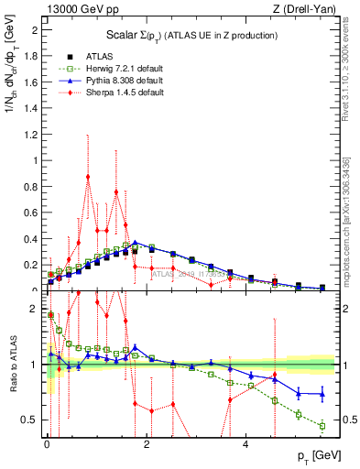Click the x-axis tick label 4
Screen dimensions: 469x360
[245, 445]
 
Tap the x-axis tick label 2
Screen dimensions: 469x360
[147, 445]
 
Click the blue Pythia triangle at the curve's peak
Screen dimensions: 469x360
[136, 243]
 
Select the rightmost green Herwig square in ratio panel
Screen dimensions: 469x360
[322, 426]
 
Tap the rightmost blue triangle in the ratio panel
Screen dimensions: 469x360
[322, 394]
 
